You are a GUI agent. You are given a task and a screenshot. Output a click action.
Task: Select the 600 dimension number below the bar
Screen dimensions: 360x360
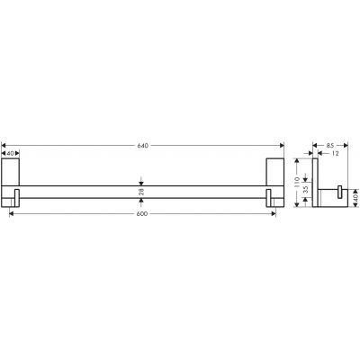coord(141,214)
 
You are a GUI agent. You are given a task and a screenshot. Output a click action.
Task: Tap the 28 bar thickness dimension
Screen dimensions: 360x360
coord(141,192)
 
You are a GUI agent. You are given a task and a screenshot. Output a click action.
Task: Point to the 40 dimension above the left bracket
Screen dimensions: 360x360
coord(12,153)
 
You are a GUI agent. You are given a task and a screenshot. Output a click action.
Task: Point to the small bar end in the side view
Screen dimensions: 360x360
coord(340,192)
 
